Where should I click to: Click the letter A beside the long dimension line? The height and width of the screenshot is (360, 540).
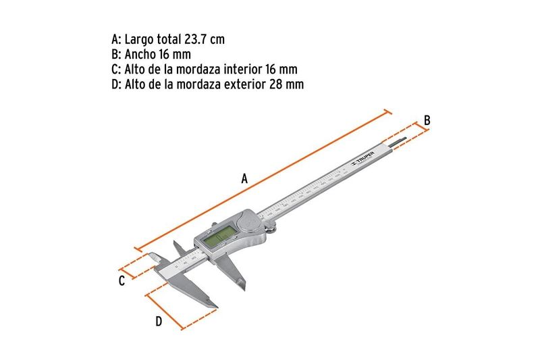245,179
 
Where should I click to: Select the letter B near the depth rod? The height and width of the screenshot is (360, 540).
427,120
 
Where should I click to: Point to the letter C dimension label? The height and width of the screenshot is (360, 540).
122,280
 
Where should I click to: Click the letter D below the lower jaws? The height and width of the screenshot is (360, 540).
159,322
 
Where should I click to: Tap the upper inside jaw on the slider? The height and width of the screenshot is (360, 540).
176,245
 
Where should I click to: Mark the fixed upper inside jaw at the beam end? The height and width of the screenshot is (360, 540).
153,257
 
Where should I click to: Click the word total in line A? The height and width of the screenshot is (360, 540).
168,40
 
